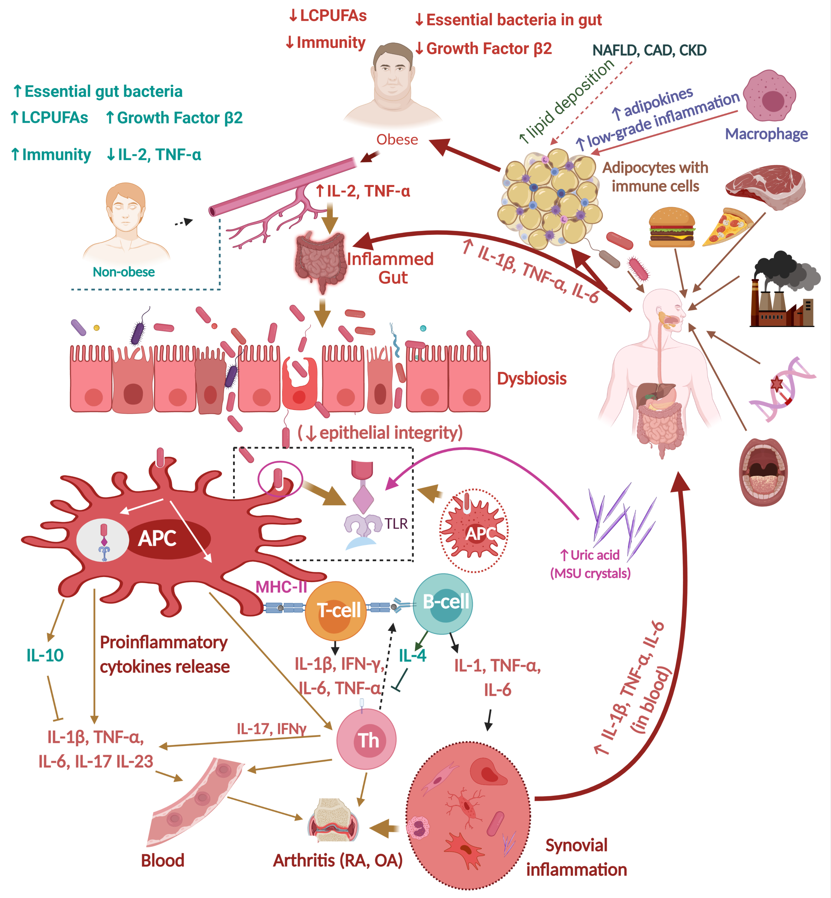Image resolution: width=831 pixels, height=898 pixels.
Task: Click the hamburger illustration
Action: [x=672, y=227]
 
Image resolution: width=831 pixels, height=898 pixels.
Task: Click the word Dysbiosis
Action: [x=531, y=379]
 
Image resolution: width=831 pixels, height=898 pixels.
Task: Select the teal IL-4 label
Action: [x=412, y=656]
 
